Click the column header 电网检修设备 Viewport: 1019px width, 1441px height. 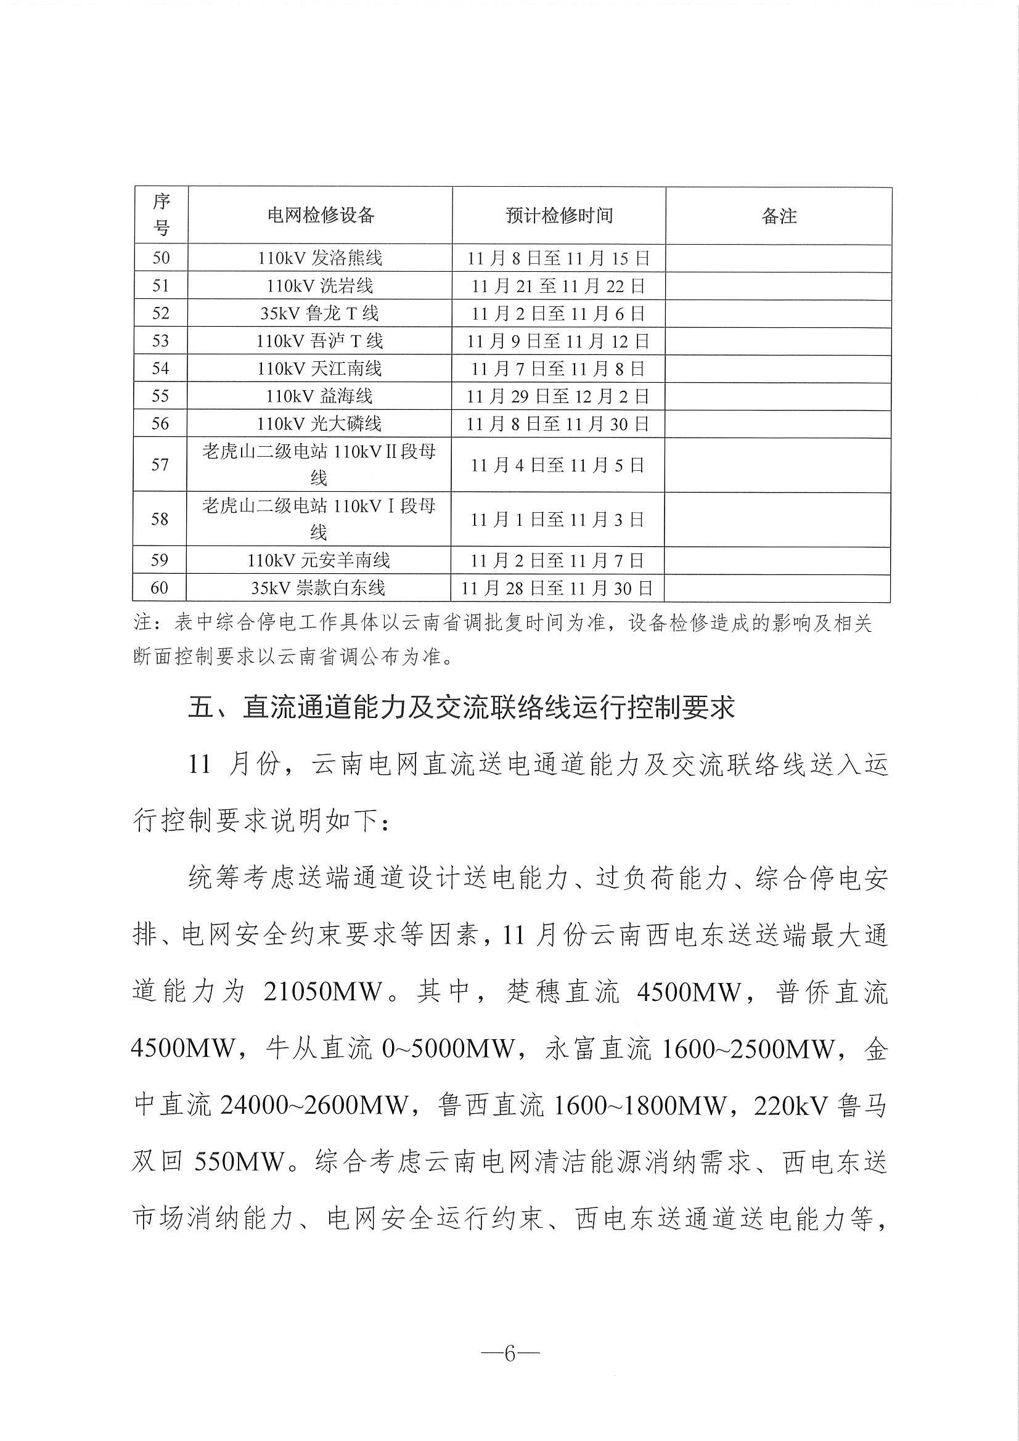coord(320,215)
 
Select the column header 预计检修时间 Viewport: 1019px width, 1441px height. coord(558,215)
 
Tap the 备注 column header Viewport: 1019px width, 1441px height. coord(779,215)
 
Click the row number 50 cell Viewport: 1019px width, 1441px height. coord(161,258)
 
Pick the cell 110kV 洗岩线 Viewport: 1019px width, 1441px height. coord(319,286)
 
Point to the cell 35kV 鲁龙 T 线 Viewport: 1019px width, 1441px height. coord(319,313)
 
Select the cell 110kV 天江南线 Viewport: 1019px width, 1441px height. coord(319,369)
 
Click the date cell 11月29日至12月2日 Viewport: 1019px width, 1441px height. coord(557,396)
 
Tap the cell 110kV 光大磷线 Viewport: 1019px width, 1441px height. coord(319,423)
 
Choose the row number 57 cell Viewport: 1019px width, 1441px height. coord(160,465)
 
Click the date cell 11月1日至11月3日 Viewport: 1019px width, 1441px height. coord(557,519)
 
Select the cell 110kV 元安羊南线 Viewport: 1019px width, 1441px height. coord(319,560)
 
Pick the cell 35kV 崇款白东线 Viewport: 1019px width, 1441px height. coord(318,588)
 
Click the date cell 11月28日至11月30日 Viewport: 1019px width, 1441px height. coord(557,588)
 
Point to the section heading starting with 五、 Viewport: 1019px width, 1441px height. coord(462,708)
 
